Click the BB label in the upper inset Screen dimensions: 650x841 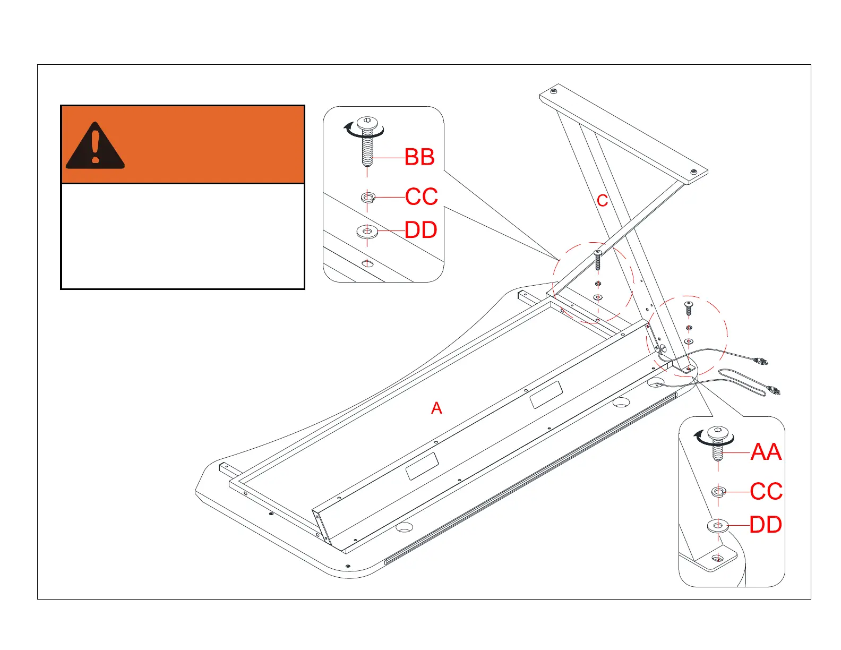click(x=419, y=157)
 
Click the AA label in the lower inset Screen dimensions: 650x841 click(x=766, y=452)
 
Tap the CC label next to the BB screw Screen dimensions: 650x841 click(x=421, y=196)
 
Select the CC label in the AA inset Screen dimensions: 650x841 click(x=766, y=492)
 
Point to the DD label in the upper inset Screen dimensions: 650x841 click(x=420, y=230)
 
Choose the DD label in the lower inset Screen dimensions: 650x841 click(x=766, y=525)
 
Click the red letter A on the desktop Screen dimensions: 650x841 click(x=436, y=408)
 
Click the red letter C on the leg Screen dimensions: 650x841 click(x=602, y=201)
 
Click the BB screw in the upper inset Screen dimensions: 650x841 click(x=367, y=143)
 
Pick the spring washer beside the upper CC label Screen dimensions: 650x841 click(x=367, y=198)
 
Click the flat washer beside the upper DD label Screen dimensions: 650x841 click(x=367, y=232)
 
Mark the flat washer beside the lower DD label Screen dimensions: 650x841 click(x=718, y=526)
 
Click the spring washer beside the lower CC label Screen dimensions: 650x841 click(x=718, y=492)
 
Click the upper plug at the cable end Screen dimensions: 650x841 click(x=762, y=362)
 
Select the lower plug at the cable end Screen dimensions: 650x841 click(x=775, y=391)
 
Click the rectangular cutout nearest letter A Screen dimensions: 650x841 click(x=422, y=466)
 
